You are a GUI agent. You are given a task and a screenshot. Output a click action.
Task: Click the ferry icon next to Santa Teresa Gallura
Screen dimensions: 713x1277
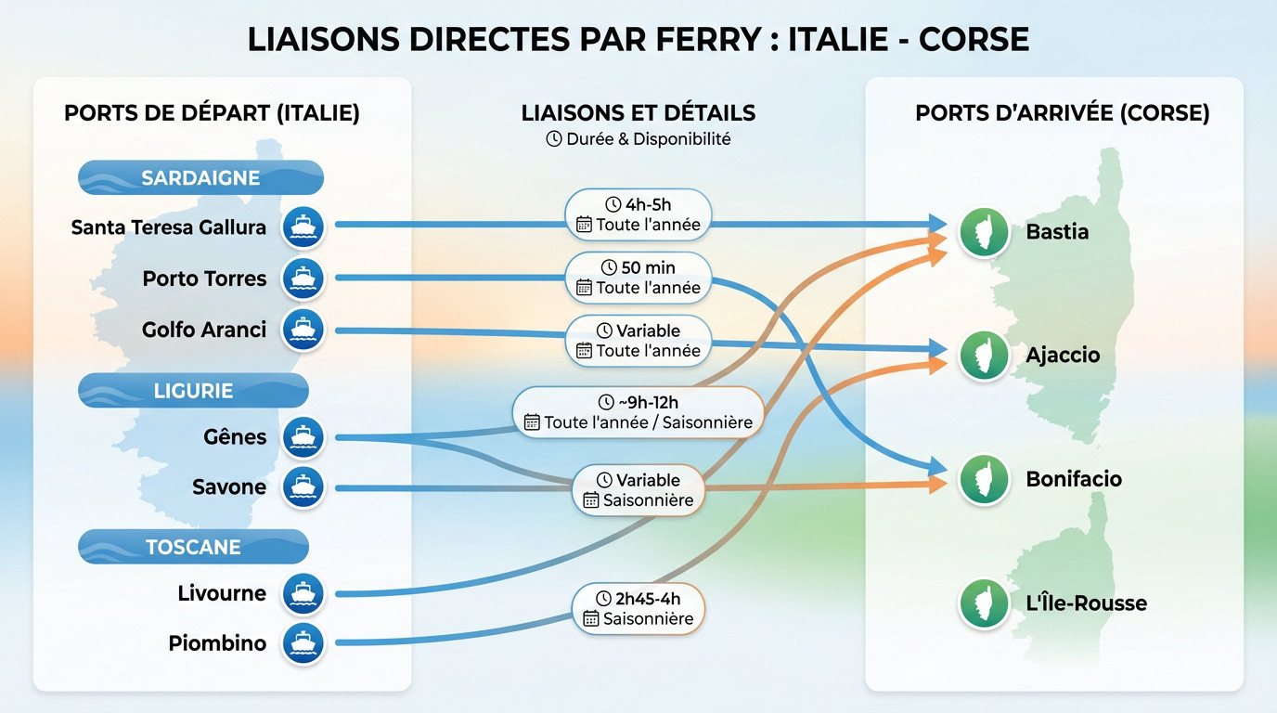[303, 227]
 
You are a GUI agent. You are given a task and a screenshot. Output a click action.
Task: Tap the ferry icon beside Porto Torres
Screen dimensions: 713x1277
[303, 278]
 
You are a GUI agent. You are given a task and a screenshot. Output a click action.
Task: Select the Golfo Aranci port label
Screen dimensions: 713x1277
[204, 330]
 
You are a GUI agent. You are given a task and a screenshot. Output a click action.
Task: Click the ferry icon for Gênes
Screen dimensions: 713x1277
[303, 436]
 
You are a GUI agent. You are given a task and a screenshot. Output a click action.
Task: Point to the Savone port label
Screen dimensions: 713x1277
[229, 487]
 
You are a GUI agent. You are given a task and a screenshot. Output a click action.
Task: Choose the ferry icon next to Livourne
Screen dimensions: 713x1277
[303, 593]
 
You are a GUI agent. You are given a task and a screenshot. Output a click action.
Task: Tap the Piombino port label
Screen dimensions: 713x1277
[217, 643]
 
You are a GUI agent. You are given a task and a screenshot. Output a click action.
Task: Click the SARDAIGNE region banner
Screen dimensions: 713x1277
[200, 177]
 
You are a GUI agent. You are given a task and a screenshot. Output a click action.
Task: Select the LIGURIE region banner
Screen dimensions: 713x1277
[193, 391]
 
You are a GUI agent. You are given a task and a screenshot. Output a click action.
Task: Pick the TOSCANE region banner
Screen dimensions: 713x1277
[193, 547]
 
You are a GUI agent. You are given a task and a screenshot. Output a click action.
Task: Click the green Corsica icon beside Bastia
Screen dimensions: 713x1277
[984, 231]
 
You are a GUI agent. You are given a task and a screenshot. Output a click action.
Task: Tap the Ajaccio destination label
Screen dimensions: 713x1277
[1063, 356]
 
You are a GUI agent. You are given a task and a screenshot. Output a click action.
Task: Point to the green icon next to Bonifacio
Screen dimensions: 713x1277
[984, 479]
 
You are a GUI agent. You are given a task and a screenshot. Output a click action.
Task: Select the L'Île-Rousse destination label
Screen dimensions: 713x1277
[1086, 603]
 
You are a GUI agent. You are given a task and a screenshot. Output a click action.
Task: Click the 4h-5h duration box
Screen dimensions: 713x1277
[638, 214]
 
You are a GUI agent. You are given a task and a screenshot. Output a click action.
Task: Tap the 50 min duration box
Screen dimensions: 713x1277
[638, 278]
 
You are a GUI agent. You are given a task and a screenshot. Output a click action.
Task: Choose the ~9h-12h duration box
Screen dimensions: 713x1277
[638, 412]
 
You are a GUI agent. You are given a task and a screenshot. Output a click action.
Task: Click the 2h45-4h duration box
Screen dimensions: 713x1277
[638, 608]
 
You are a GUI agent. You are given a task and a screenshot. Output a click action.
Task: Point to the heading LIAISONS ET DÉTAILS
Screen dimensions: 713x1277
[638, 113]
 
